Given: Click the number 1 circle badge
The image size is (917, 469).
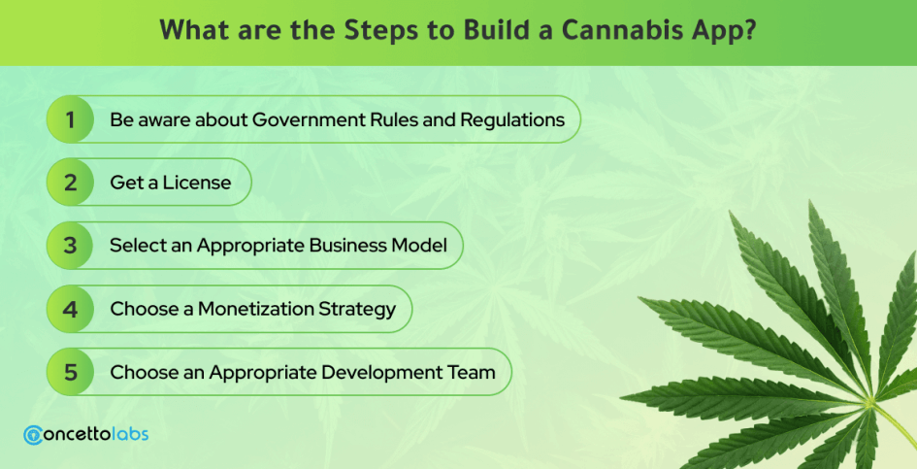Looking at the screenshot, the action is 70,119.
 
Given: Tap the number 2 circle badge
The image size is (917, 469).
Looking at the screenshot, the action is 70,183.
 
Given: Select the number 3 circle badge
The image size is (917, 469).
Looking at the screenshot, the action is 70,246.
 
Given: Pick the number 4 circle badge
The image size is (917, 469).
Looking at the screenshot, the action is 70,309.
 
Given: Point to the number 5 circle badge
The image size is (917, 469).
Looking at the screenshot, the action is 70,372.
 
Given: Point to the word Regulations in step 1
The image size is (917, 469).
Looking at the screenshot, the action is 512,120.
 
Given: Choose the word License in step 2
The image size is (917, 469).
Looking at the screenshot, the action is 196,183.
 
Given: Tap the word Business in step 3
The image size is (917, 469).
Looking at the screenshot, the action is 346,246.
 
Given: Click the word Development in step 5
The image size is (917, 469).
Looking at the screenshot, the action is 387,373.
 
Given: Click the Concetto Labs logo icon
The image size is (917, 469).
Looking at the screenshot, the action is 33,435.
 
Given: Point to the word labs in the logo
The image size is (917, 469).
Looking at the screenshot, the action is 131,434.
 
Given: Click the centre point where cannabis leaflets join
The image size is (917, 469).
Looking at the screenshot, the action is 869,401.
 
